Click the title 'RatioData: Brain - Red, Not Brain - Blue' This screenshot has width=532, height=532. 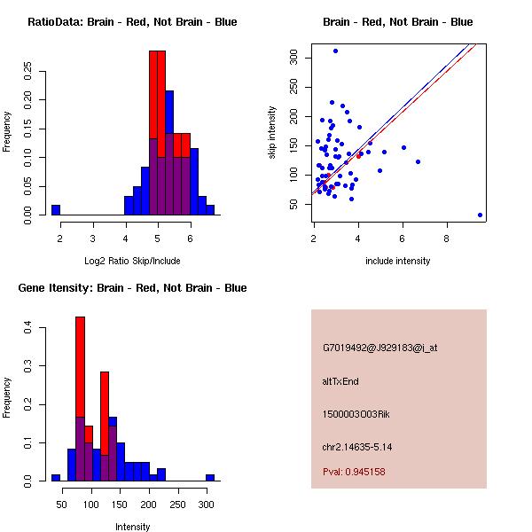click(x=132, y=22)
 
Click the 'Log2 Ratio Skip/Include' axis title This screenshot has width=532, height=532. click(x=132, y=261)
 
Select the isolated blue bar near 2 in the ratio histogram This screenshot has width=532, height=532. click(x=56, y=210)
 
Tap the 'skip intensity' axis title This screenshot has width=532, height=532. click(x=272, y=133)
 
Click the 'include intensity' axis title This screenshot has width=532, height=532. click(x=397, y=261)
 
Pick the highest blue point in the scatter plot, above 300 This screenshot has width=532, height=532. click(x=335, y=51)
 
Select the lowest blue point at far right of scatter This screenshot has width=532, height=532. click(x=480, y=215)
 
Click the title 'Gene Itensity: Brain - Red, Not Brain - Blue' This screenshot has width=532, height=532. click(x=132, y=288)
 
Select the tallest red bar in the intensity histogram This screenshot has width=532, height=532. click(x=80, y=372)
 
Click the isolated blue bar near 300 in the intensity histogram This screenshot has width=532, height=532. click(x=210, y=477)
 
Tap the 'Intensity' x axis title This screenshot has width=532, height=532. click(x=132, y=527)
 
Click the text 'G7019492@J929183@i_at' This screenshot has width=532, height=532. click(x=379, y=348)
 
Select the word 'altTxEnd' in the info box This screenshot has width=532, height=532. click(x=340, y=381)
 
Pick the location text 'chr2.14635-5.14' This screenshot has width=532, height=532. click(x=357, y=446)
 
